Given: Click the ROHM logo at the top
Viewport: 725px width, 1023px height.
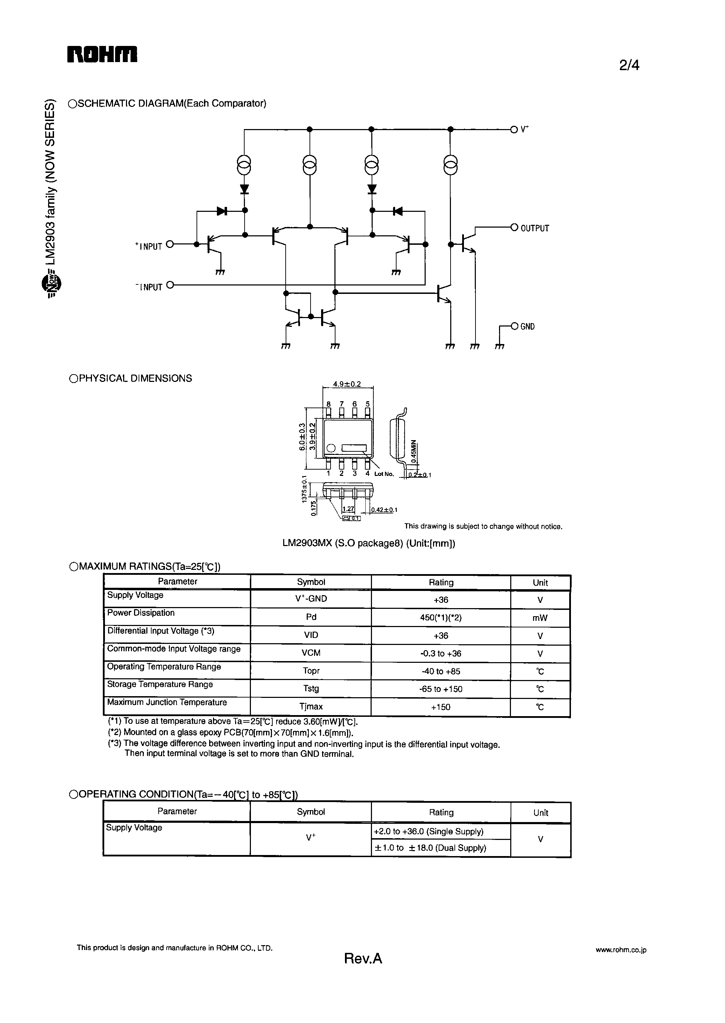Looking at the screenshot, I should pyautogui.click(x=102, y=54).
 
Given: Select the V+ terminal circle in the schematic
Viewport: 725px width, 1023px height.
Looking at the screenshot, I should pyautogui.click(x=514, y=129).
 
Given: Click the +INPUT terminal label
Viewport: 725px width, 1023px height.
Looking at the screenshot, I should pyautogui.click(x=149, y=246).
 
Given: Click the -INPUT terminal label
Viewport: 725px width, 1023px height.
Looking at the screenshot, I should pyautogui.click(x=149, y=287).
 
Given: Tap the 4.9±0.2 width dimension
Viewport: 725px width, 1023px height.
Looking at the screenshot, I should pyautogui.click(x=347, y=384).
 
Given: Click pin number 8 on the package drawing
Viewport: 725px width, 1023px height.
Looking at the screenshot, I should pyautogui.click(x=328, y=404).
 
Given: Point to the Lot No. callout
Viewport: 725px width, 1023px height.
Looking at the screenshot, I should pyautogui.click(x=384, y=474).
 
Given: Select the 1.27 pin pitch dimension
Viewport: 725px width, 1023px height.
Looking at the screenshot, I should pyautogui.click(x=348, y=509).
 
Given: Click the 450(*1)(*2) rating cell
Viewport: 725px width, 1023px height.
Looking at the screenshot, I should pyautogui.click(x=441, y=618).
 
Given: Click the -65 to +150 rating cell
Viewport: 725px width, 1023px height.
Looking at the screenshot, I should pyautogui.click(x=441, y=689).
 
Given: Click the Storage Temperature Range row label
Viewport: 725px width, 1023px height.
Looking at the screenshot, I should pyautogui.click(x=160, y=684).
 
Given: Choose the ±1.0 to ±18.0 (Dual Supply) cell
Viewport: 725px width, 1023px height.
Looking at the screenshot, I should pyautogui.click(x=430, y=848).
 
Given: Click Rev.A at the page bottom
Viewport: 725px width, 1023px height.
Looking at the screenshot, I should pyautogui.click(x=363, y=959).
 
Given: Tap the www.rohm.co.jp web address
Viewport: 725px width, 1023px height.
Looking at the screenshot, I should pyautogui.click(x=620, y=950).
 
